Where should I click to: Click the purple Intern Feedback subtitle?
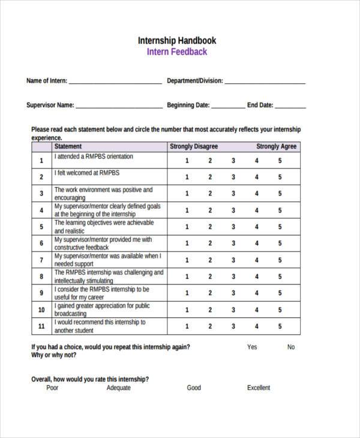point(177,52)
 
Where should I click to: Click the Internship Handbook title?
point(177,41)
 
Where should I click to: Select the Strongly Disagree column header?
point(194,146)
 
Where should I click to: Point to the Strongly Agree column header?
point(276,146)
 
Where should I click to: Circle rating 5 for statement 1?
point(280,160)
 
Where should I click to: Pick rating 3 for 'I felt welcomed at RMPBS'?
point(233,177)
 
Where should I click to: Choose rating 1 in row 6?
point(187,243)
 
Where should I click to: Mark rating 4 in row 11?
point(257,326)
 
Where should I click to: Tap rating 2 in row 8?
point(210,277)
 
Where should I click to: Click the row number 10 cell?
point(41,310)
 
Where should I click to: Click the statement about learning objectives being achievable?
point(104,226)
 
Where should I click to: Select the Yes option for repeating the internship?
point(252,347)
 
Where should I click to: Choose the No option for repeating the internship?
point(291,347)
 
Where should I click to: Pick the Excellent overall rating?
point(259,388)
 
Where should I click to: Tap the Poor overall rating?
point(52,388)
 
